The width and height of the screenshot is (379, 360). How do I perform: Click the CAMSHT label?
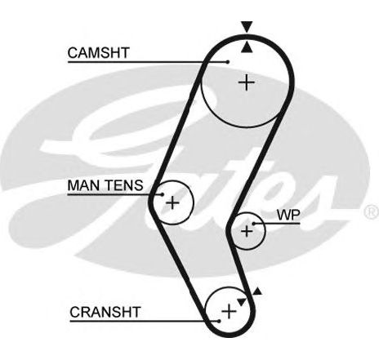(98, 53)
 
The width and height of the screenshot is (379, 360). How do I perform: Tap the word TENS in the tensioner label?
(124, 185)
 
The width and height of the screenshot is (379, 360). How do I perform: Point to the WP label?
(288, 215)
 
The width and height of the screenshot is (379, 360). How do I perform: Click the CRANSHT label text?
(105, 312)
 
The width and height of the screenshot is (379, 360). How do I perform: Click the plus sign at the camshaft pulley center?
(247, 82)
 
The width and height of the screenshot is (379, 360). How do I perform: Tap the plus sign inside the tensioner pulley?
(172, 202)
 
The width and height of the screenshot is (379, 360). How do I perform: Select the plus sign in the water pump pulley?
(247, 231)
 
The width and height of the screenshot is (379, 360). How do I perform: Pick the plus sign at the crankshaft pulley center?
(229, 311)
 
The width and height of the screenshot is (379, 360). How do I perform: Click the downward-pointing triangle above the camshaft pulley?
(247, 27)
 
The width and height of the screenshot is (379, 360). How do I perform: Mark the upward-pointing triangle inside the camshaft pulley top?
(247, 47)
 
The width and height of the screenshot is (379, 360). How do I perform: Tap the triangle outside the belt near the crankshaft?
(257, 291)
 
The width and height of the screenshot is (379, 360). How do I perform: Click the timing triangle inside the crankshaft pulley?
(241, 301)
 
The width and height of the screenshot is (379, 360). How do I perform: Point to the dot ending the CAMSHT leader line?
(228, 62)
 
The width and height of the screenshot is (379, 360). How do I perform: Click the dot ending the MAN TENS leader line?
(163, 194)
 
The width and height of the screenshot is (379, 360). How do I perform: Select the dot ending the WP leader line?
(254, 224)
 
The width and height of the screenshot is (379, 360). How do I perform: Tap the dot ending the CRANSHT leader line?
(219, 322)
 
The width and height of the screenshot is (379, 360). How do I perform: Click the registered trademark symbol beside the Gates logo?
(372, 211)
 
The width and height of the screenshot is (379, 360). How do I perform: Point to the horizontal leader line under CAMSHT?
(148, 62)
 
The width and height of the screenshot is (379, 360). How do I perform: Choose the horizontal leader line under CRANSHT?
(145, 322)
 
